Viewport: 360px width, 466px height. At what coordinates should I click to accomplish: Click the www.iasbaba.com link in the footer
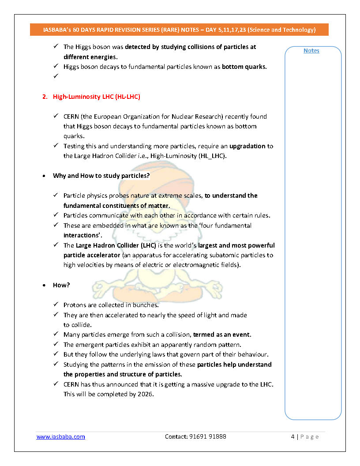pos(60,436)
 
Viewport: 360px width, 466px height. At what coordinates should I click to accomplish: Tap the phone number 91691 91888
pos(209,436)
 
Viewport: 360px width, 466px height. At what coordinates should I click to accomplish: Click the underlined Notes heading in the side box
pos(311,51)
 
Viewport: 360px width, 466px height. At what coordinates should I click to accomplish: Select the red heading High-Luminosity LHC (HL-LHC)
pos(96,97)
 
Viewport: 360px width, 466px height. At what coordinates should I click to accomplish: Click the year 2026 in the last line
pos(144,394)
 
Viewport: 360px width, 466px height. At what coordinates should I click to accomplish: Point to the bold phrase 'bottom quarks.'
pos(244,67)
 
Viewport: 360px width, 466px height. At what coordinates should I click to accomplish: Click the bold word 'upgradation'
pos(247,146)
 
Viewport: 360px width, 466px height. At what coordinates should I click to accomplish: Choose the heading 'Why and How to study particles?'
pos(101,176)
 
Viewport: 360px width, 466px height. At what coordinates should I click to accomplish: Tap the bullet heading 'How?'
pos(61,285)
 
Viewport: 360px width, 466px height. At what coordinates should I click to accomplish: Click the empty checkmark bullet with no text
pos(56,76)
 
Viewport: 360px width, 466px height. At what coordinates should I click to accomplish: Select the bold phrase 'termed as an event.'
pos(222,334)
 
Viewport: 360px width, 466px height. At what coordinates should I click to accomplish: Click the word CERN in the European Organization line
pos(71,116)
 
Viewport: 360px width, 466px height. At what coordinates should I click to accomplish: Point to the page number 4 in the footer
pos(292,436)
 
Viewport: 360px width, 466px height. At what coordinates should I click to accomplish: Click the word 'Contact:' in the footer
pos(176,436)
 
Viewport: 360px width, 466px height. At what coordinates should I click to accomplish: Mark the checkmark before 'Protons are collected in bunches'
pos(56,305)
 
